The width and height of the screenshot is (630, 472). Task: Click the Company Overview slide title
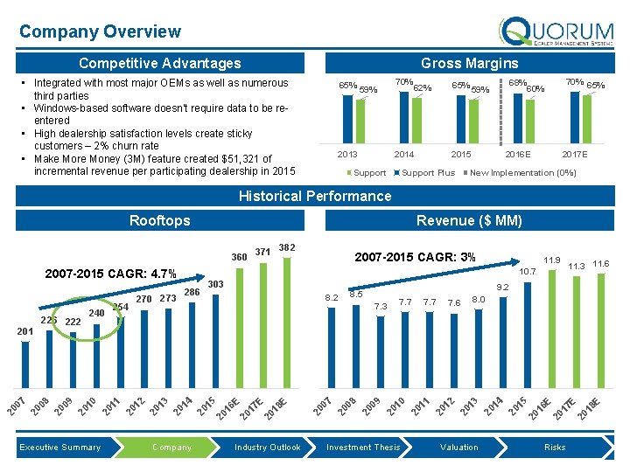coord(100,31)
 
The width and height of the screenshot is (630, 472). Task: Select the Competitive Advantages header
coord(159,63)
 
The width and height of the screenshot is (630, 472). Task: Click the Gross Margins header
coord(469,63)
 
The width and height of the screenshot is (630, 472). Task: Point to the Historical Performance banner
coord(315,196)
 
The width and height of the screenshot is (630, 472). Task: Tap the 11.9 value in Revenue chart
coord(551,260)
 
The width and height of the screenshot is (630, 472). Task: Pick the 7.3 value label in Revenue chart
coord(380,307)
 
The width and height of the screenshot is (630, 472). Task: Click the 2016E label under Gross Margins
coord(517,154)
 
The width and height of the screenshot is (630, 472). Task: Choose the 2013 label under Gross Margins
coord(347,154)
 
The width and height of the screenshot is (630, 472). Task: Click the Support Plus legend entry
coord(428,173)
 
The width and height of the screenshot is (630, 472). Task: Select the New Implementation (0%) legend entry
coord(523,173)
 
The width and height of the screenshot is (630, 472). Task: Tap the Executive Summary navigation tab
coord(60,448)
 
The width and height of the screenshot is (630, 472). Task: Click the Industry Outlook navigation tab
coord(267,448)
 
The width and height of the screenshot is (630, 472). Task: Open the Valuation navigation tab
coord(459,448)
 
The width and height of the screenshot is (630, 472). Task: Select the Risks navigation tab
coord(555,448)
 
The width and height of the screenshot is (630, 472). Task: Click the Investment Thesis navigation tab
coord(363,448)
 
